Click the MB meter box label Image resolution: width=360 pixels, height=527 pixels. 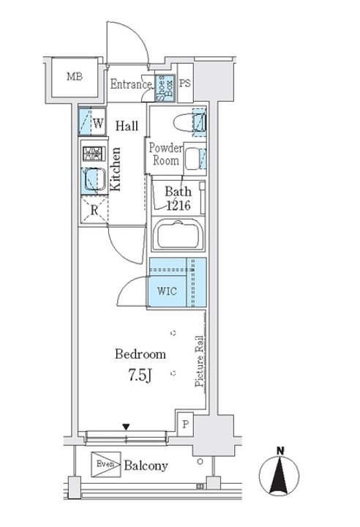[x=75, y=77]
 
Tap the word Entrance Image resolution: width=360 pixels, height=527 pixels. [x=131, y=84]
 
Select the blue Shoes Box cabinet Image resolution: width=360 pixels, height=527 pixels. [x=165, y=87]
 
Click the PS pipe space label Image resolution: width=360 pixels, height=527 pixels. [x=185, y=83]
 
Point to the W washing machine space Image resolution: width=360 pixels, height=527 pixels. [x=92, y=122]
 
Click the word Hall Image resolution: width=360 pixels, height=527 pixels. [x=127, y=126]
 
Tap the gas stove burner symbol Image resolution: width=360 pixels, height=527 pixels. [x=91, y=154]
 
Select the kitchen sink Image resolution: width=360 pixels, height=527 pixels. [x=94, y=180]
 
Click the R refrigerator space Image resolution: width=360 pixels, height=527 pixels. [x=94, y=210]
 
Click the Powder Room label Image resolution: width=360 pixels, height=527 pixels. [x=165, y=154]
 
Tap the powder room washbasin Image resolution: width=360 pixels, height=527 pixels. [x=192, y=158]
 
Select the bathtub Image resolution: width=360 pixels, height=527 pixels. [x=178, y=234]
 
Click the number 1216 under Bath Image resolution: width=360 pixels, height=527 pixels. [x=179, y=205]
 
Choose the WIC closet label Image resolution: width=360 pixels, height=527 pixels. [x=167, y=291]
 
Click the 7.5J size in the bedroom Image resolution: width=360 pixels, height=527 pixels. [x=140, y=375]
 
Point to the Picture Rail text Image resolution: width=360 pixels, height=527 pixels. [x=200, y=361]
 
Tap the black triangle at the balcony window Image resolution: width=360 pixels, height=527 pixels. [x=126, y=427]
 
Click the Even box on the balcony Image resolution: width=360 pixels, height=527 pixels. [x=106, y=465]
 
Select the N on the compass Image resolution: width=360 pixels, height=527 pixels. [x=280, y=451]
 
